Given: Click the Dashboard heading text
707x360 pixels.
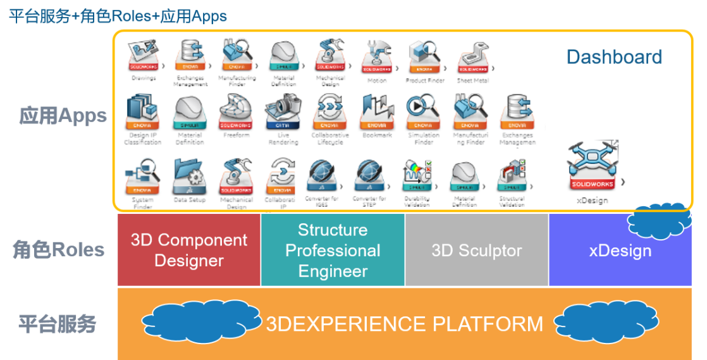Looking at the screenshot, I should click(x=613, y=57).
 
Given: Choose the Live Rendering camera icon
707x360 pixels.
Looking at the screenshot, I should click(x=283, y=113).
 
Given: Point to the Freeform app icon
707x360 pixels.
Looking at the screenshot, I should click(x=236, y=113).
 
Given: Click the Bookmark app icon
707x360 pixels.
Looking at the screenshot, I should click(x=377, y=113).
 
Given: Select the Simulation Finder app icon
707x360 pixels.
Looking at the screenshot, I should click(x=423, y=113).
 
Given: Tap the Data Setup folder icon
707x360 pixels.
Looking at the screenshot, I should click(x=189, y=177).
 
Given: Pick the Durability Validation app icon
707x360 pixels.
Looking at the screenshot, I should click(x=417, y=177).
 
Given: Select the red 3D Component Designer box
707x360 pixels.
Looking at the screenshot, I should click(x=189, y=250).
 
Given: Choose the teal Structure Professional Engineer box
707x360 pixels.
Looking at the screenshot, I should click(x=333, y=250).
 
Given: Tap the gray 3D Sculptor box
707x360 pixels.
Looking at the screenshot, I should click(x=477, y=250).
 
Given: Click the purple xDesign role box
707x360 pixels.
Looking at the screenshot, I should click(x=620, y=251).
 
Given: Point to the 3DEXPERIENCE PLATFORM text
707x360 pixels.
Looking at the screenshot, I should click(x=404, y=324).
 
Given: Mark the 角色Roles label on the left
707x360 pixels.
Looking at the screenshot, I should click(x=59, y=250).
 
